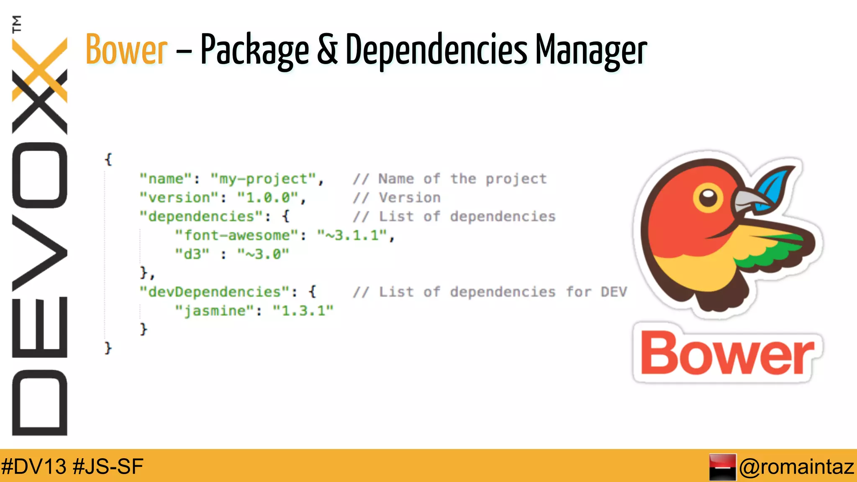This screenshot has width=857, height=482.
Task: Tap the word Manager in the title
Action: (x=591, y=50)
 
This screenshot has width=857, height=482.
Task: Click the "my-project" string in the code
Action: (x=264, y=179)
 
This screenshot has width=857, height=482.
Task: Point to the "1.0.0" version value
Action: (x=268, y=197)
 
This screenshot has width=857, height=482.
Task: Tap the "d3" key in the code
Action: (x=192, y=254)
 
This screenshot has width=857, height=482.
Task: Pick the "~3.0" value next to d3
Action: (x=263, y=254)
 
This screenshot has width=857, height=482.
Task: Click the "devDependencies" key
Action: (x=215, y=292)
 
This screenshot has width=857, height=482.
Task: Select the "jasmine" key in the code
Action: (x=215, y=310)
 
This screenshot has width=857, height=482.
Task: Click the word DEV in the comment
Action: (x=614, y=292)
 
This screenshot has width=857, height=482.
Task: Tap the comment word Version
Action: (x=410, y=197)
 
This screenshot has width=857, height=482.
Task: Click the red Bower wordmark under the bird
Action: (x=727, y=354)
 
